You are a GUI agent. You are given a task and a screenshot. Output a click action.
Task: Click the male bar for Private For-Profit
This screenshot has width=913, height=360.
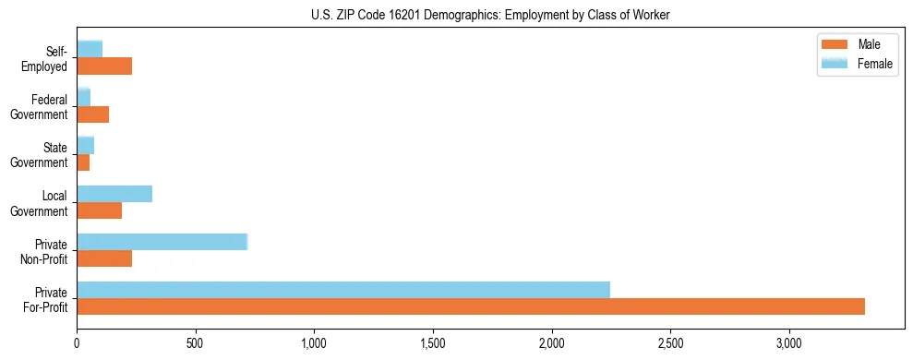click(x=471, y=306)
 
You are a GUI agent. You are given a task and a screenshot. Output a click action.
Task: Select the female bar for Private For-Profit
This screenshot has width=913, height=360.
click(x=343, y=290)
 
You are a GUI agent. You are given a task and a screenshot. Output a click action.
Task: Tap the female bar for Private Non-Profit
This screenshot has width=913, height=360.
click(x=162, y=242)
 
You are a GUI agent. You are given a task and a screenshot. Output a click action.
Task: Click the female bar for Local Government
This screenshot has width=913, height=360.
click(x=114, y=194)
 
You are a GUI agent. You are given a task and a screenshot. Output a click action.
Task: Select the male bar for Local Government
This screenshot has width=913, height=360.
click(x=100, y=210)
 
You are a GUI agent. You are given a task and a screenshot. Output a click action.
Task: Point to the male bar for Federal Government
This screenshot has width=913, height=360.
click(x=93, y=114)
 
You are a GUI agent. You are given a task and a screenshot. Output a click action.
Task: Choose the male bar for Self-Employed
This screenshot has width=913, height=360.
click(x=104, y=66)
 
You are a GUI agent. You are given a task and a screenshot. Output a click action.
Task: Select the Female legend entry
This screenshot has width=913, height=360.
click(x=857, y=63)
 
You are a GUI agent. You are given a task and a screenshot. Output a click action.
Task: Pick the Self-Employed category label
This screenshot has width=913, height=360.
click(x=48, y=59)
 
